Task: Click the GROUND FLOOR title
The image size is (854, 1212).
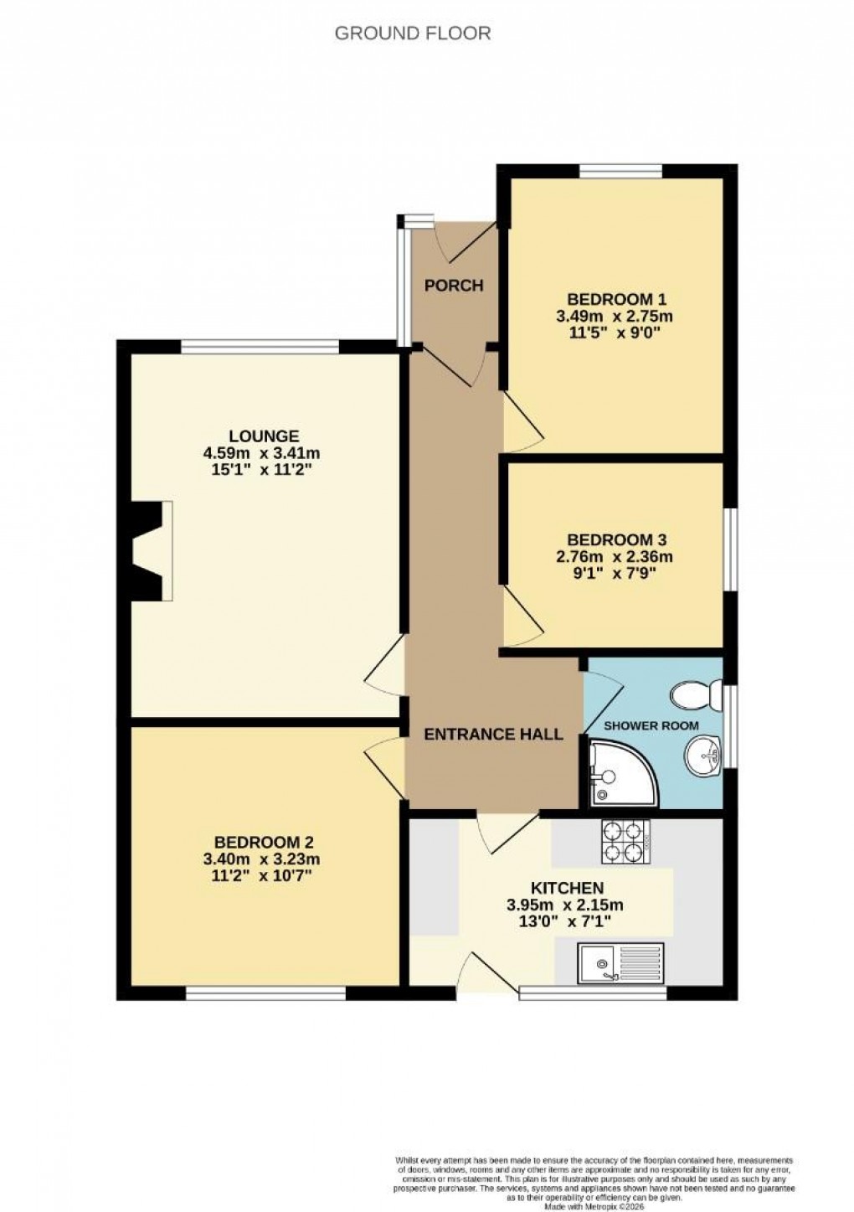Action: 412,34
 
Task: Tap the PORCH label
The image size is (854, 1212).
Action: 454,286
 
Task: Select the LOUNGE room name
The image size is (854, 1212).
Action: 264,436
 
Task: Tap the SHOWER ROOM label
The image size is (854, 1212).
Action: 651,725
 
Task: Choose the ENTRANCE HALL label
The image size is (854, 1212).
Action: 493,735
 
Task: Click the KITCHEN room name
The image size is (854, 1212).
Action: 567,888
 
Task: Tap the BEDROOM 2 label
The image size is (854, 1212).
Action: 264,842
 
